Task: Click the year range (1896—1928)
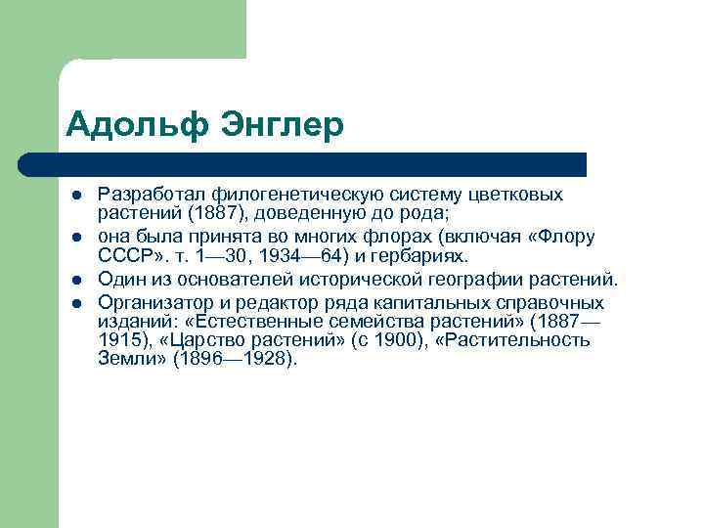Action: tap(235, 358)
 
